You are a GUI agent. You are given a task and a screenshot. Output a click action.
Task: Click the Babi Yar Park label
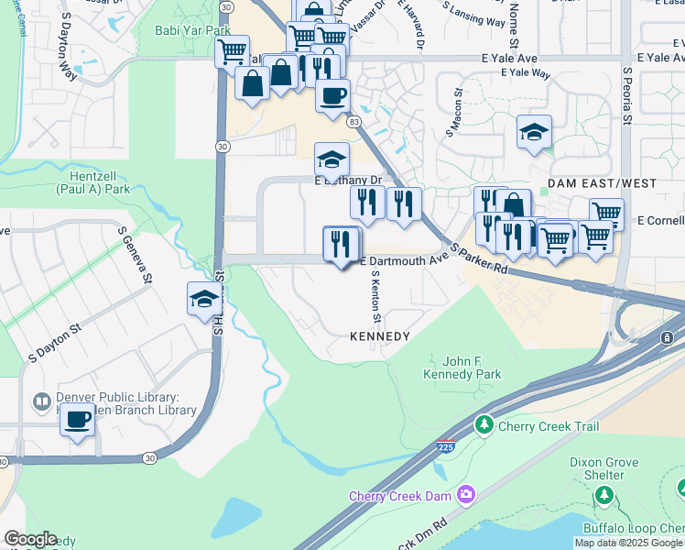tap(193, 30)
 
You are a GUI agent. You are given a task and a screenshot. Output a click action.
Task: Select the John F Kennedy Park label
tap(462, 368)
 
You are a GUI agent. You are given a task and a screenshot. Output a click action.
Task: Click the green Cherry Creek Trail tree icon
tap(484, 425)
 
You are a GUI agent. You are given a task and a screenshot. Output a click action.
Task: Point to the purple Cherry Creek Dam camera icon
tap(466, 496)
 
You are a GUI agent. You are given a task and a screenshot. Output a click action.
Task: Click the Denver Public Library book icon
tap(41, 401)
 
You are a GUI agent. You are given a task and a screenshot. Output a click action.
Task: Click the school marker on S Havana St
tap(204, 299)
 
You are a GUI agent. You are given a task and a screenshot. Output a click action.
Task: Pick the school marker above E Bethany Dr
tap(332, 159)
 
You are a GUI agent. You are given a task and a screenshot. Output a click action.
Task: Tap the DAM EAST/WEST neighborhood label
tap(602, 183)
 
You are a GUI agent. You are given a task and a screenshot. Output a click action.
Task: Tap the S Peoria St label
tap(627, 95)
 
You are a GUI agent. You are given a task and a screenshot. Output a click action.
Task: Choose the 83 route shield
tap(354, 121)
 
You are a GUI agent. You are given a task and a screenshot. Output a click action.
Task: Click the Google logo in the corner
tap(29, 539)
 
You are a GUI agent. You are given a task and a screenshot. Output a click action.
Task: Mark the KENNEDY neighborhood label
tap(380, 336)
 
